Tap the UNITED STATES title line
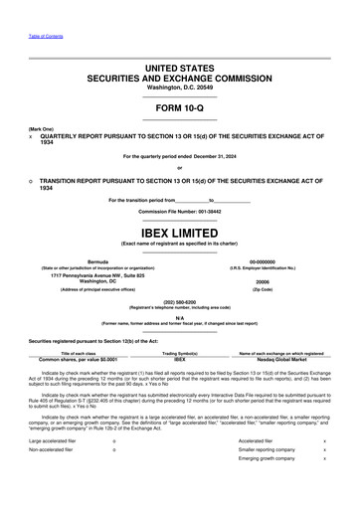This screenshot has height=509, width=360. point(180,66)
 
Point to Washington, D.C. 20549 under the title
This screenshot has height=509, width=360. point(180,87)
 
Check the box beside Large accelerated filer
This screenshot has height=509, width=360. point(114,468)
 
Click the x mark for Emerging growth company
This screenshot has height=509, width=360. point(324,486)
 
